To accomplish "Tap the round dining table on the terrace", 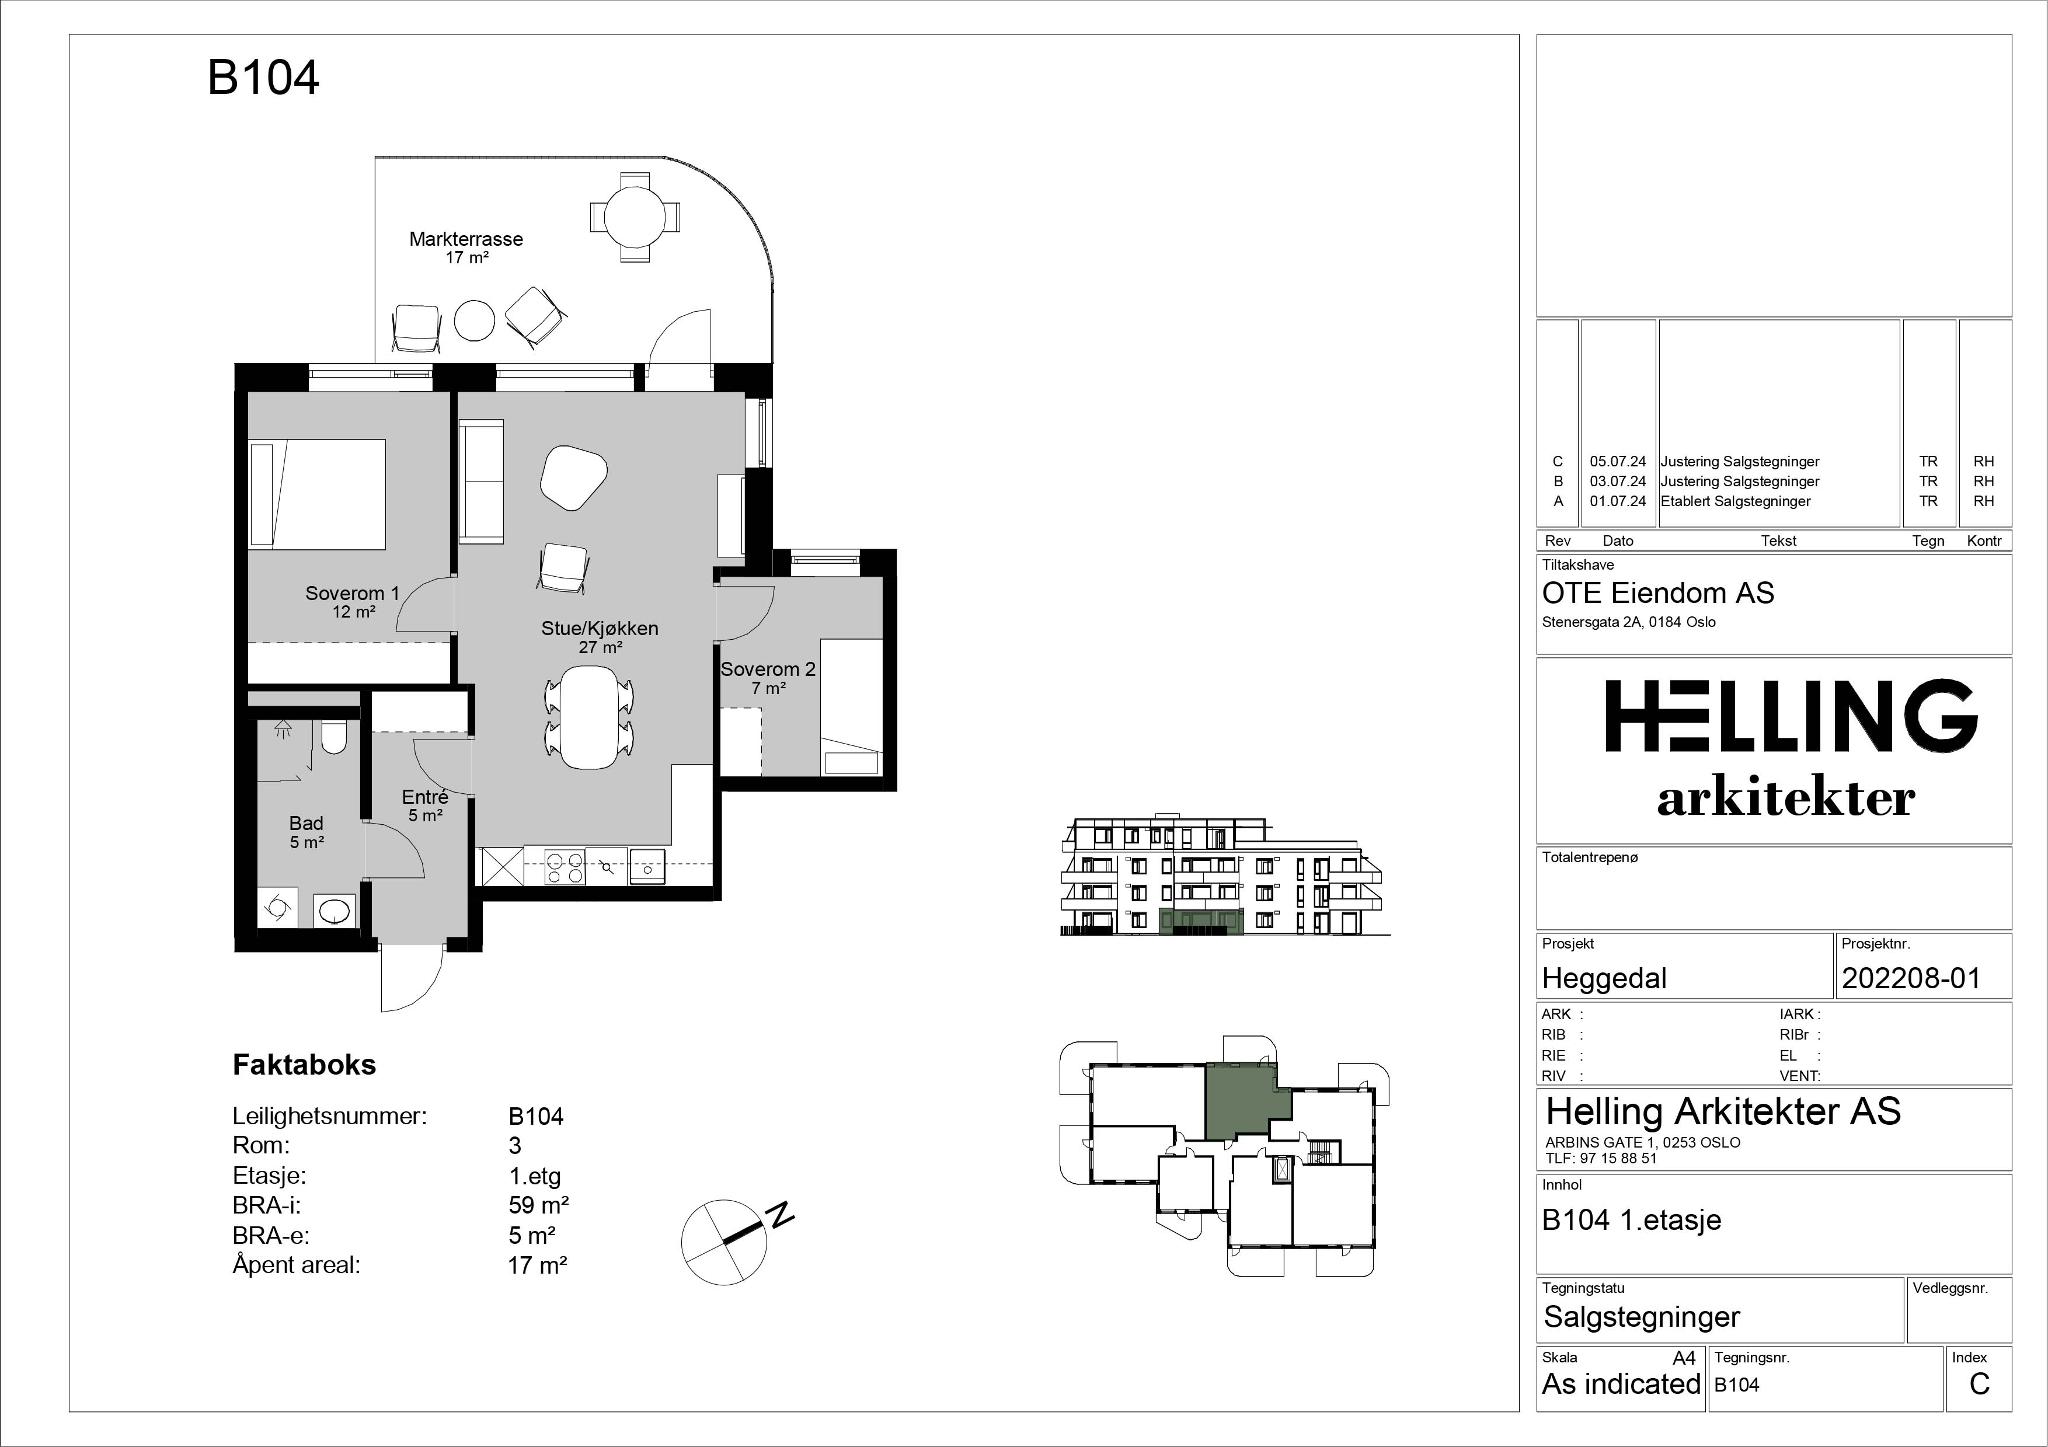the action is point(633,217).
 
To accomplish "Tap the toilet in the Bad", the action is point(333,737).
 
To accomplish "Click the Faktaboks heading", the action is point(304,1065).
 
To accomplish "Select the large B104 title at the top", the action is point(263,78).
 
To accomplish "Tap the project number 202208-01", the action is point(1911,978).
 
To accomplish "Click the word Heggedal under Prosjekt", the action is point(1604,978).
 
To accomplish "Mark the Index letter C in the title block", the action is point(1979,1384).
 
